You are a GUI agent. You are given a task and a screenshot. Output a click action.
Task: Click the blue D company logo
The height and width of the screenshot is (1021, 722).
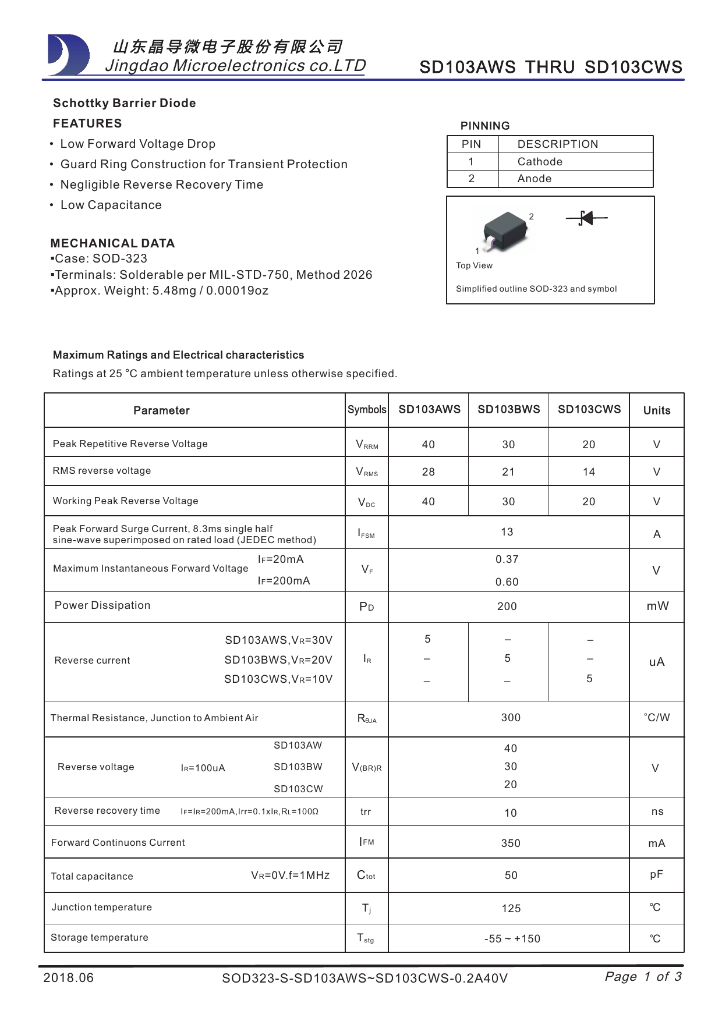(68, 55)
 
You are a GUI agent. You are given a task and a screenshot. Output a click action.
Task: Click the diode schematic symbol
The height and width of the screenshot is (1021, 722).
(586, 218)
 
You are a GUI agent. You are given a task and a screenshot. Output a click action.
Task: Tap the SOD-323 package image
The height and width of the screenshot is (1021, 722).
(505, 231)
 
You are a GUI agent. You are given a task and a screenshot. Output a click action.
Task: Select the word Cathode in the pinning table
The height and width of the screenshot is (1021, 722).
(540, 162)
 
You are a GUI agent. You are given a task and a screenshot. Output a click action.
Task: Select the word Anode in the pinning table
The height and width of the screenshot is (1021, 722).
(534, 179)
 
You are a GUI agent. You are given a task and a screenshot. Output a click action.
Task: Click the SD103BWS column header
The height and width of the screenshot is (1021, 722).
(508, 410)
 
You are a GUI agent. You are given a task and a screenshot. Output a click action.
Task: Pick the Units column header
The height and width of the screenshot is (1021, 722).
(656, 410)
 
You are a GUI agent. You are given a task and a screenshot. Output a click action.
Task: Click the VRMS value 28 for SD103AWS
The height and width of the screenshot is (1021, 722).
(428, 472)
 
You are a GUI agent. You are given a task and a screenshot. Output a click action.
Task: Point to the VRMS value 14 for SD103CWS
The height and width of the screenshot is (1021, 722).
(589, 472)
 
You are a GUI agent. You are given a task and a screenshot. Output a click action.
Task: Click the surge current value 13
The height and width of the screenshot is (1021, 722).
(507, 532)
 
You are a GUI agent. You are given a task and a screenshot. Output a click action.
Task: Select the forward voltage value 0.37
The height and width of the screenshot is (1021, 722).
(507, 559)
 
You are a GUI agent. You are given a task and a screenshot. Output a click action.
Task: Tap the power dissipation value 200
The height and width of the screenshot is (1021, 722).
(507, 607)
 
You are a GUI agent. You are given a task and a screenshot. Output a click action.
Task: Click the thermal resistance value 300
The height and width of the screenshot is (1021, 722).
(511, 718)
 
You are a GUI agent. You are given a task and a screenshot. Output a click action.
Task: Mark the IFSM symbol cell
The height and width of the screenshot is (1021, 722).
(366, 533)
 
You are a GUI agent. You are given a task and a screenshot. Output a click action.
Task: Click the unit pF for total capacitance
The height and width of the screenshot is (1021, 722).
(656, 874)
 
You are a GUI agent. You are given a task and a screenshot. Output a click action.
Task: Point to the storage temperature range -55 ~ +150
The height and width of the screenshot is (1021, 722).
(512, 939)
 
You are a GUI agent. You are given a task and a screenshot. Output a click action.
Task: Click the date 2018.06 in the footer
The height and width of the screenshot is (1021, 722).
(68, 977)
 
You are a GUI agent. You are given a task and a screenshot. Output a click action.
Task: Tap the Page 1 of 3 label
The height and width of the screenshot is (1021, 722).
(643, 976)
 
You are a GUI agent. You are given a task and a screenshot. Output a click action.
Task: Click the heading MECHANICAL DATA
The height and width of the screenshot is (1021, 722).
(112, 243)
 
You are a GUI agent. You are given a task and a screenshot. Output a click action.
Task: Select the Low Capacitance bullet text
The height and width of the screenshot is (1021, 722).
(111, 205)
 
